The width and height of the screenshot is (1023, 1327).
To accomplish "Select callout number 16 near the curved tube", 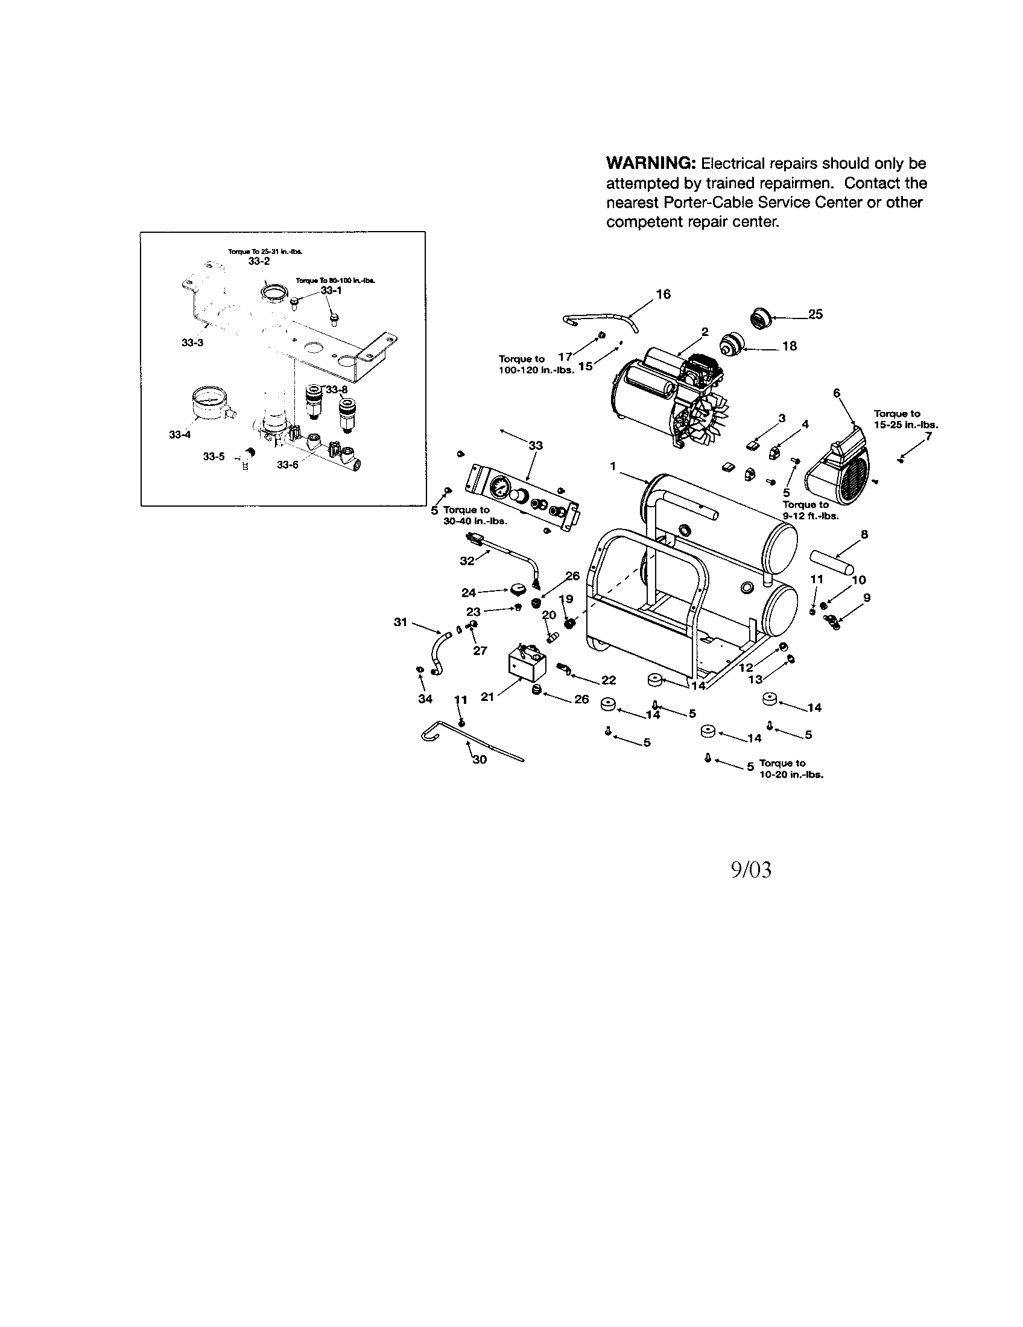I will tap(664, 295).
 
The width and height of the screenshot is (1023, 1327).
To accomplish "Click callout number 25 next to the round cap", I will tap(816, 314).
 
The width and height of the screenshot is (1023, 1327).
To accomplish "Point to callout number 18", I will tap(789, 346).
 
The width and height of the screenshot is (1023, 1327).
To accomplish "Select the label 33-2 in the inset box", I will tap(259, 261).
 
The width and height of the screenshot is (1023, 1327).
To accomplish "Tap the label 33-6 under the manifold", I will tap(287, 465).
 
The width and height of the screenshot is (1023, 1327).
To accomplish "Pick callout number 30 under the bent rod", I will tap(480, 759).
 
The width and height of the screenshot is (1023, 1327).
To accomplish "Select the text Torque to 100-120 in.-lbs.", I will tap(535, 364).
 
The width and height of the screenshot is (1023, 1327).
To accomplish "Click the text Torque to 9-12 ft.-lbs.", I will tap(809, 510).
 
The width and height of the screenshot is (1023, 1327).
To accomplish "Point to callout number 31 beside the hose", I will tap(400, 621).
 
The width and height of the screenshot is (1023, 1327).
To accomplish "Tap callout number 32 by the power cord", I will tap(466, 561).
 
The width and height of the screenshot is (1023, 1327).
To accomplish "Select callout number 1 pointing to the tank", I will tap(613, 466).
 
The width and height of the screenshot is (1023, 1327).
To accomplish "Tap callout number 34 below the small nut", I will tap(425, 698).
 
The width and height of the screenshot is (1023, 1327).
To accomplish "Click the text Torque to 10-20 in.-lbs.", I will tap(790, 769).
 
